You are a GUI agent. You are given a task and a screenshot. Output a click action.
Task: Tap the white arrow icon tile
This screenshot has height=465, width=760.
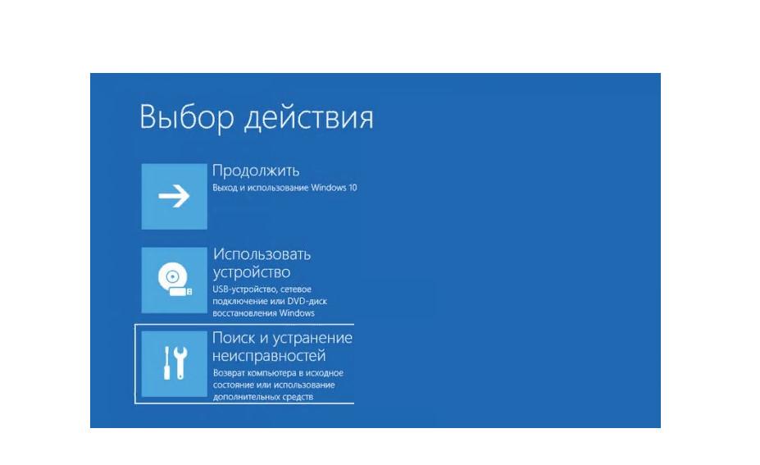[x=174, y=196]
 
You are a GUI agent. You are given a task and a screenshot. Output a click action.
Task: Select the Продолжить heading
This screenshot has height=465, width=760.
[x=256, y=171]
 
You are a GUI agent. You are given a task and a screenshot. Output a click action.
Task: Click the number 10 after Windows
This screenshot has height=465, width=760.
[x=353, y=188]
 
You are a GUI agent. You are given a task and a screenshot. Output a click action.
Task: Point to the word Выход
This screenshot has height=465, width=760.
[x=225, y=188]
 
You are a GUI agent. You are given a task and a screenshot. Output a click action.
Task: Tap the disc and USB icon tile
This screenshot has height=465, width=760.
[x=174, y=280]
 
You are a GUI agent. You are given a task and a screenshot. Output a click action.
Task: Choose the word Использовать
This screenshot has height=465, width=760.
[x=262, y=254]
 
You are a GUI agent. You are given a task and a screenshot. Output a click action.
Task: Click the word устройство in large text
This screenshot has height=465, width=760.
[x=252, y=272]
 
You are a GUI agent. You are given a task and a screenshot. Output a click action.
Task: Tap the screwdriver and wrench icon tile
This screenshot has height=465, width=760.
[x=174, y=364]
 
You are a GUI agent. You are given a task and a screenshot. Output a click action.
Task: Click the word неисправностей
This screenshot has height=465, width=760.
[x=269, y=357]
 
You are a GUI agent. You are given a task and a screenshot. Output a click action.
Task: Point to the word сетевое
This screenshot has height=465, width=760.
[x=296, y=289]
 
